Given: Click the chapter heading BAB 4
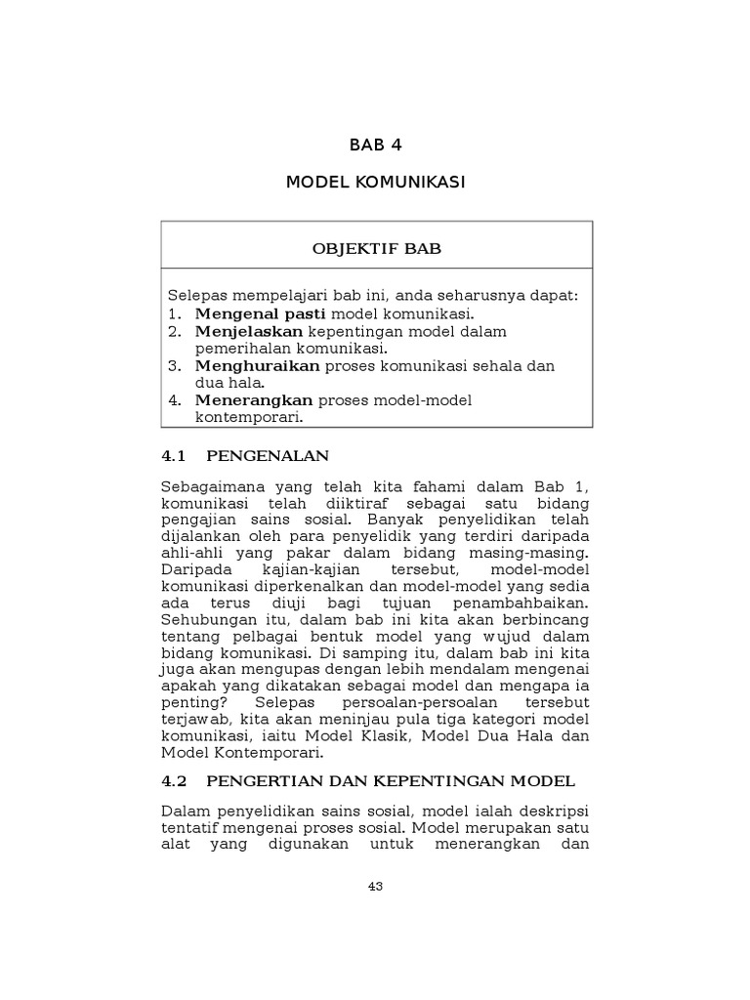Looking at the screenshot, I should (375, 146).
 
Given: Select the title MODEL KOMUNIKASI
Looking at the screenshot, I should (375, 183).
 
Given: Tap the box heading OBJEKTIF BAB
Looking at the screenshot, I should (376, 248).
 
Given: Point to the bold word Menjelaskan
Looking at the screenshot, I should (249, 331).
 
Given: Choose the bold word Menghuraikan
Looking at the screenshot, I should (258, 365).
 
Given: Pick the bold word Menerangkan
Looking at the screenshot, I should (254, 399).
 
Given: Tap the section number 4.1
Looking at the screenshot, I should (172, 455).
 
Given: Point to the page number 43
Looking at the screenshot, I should (375, 887).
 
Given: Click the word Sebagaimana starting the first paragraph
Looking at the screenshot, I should (207, 487).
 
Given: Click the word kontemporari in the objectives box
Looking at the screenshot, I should (249, 416).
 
